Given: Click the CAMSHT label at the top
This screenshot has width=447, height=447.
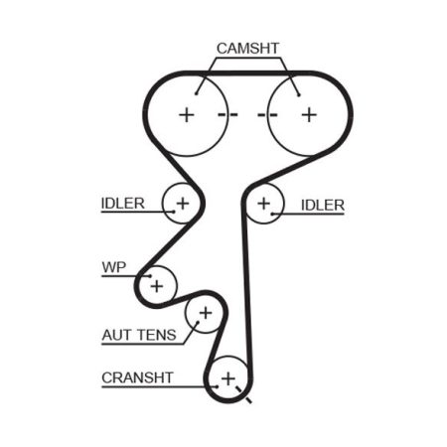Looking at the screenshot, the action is pyautogui.click(x=247, y=49).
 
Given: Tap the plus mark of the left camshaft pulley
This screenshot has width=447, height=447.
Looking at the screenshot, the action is pyautogui.click(x=187, y=115).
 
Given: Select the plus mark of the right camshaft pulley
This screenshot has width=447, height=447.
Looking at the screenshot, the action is pyautogui.click(x=309, y=115).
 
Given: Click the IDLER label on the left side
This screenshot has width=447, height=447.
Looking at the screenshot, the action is pyautogui.click(x=123, y=204).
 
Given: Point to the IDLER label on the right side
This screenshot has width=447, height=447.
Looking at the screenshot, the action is pyautogui.click(x=323, y=206).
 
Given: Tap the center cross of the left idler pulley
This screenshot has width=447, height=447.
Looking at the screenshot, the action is pyautogui.click(x=183, y=204).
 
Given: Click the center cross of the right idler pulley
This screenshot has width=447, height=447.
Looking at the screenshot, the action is pyautogui.click(x=264, y=204).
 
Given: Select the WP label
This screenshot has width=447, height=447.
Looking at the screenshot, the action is pyautogui.click(x=114, y=267).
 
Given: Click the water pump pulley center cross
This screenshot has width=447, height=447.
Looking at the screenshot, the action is pyautogui.click(x=157, y=286).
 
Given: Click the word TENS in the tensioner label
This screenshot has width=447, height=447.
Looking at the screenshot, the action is pyautogui.click(x=157, y=335).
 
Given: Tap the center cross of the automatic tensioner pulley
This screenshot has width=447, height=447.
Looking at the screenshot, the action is pyautogui.click(x=206, y=313).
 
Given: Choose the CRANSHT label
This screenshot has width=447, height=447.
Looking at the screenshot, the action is pyautogui.click(x=137, y=377).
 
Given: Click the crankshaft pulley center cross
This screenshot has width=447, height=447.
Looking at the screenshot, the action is pyautogui.click(x=228, y=378).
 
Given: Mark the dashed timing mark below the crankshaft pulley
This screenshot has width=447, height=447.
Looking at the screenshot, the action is pyautogui.click(x=243, y=394).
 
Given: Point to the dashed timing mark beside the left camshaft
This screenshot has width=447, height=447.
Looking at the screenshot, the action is pyautogui.click(x=227, y=115).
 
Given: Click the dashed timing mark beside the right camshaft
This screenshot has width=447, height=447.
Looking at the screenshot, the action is pyautogui.click(x=267, y=115).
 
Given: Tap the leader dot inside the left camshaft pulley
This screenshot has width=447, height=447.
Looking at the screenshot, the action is pyautogui.click(x=197, y=94).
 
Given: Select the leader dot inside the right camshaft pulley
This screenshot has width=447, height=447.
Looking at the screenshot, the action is pyautogui.click(x=299, y=95).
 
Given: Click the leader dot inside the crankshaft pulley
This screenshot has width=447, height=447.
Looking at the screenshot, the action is pyautogui.click(x=217, y=386).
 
